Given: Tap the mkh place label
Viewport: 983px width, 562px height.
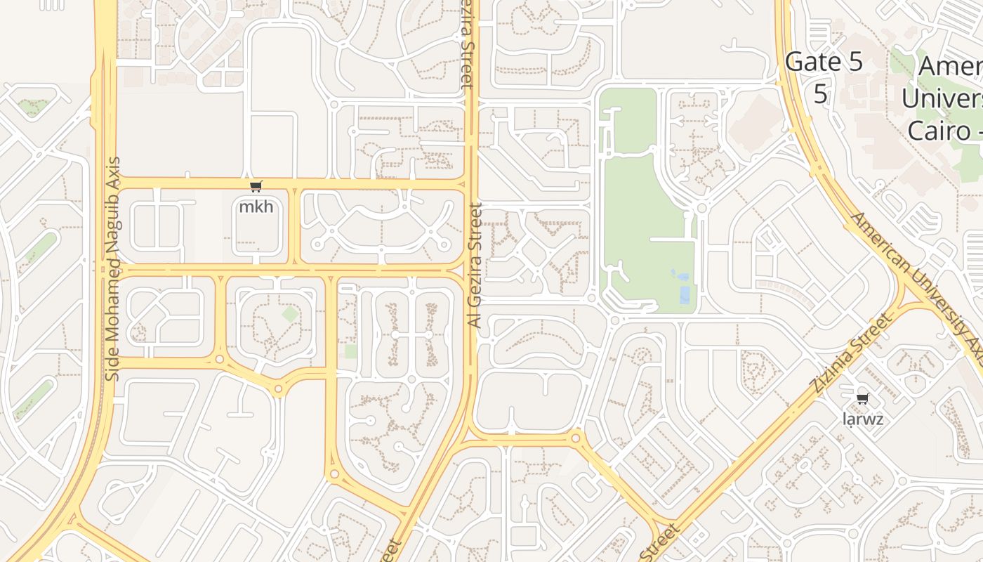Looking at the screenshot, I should tap(256, 207).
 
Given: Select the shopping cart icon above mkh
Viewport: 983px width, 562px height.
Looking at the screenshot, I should tap(256, 187).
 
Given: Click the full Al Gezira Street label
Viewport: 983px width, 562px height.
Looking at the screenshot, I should tap(475, 266).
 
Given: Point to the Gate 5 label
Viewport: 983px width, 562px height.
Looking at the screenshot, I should tap(824, 62).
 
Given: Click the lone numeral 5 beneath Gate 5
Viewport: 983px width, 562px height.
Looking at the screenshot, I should tap(820, 93).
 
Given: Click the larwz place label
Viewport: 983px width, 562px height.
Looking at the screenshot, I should tap(862, 419).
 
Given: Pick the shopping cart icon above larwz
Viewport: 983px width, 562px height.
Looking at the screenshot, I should tap(862, 399).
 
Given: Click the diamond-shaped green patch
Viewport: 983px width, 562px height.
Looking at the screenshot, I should tap(289, 314).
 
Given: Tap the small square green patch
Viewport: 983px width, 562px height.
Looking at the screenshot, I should tap(350, 351).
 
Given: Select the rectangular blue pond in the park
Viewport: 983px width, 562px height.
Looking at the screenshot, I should tap(685, 295).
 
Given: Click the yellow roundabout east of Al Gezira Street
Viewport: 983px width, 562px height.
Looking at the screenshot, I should tap(576, 438).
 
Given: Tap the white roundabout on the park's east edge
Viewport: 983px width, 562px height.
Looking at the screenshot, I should tap(701, 208).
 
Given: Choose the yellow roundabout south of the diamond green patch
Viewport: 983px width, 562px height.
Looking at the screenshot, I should tap(279, 388).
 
